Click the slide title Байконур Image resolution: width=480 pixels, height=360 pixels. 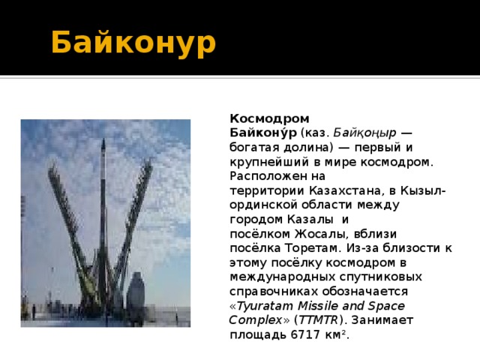point(133,43)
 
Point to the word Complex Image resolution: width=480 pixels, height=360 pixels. point(250,319)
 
